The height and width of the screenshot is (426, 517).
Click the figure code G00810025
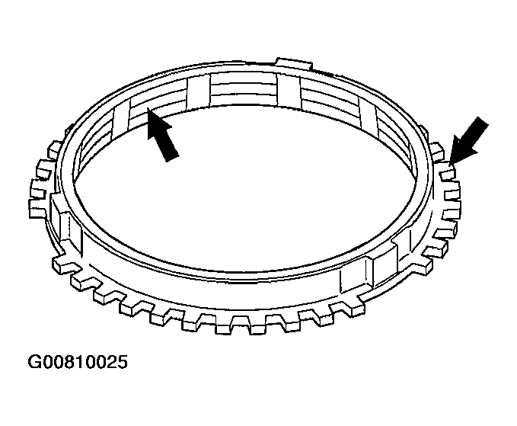[x=78, y=362]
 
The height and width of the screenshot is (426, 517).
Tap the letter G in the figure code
[x=34, y=362]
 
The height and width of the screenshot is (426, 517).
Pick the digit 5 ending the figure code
[x=122, y=362]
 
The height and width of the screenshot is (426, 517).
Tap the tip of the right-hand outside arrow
[x=450, y=164]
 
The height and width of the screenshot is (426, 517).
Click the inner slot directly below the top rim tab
[x=288, y=91]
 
